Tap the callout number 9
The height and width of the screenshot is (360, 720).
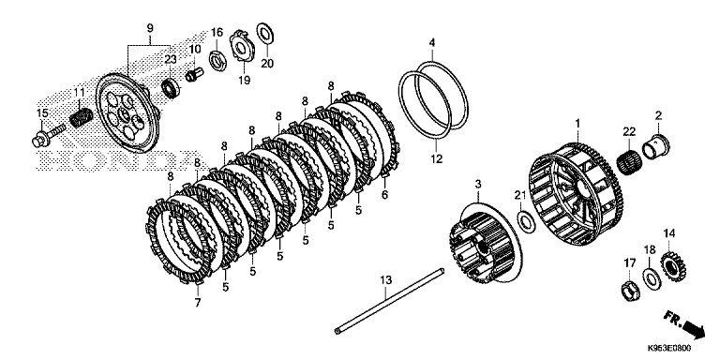point(150,27)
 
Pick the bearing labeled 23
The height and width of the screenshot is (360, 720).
point(172,88)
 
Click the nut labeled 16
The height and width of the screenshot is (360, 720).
point(218,61)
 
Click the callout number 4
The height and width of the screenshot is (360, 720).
point(431,43)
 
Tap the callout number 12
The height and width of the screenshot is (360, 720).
point(436,159)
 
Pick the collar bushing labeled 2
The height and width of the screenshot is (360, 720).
point(655,146)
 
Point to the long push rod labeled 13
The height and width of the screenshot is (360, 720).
point(389,300)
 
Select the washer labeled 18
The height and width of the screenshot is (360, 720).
point(652,277)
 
